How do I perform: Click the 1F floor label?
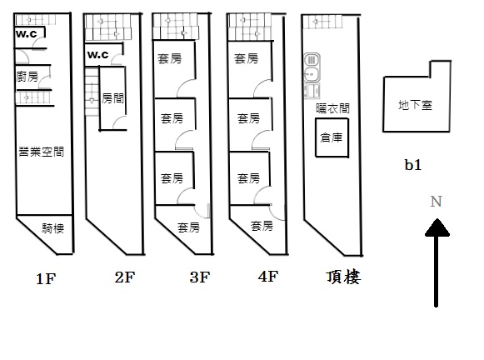(46, 279)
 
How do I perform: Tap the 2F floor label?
(125, 277)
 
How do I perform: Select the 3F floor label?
(200, 277)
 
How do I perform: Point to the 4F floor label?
(268, 277)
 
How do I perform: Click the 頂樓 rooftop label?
(343, 277)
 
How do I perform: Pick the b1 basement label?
(413, 165)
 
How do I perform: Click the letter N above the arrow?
(437, 202)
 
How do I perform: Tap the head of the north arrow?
(437, 227)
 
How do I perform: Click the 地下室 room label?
(415, 105)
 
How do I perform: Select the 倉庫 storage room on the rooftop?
(332, 137)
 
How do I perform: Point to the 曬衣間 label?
(332, 108)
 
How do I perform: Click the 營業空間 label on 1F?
(42, 152)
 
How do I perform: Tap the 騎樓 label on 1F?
(53, 228)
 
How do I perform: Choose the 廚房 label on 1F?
(27, 77)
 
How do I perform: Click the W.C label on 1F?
(26, 33)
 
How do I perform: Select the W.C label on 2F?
(97, 55)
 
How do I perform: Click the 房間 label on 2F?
(113, 98)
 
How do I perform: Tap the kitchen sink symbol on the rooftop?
(312, 75)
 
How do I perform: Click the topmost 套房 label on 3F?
(169, 58)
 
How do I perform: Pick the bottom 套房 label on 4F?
(262, 226)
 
